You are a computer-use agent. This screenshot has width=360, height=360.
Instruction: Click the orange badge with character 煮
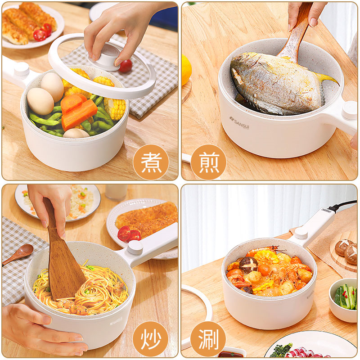pyautogui.click(x=151, y=162)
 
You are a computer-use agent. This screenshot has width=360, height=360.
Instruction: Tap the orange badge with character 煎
pyautogui.click(x=208, y=162)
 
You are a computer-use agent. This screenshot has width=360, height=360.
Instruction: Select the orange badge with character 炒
pyautogui.click(x=151, y=339)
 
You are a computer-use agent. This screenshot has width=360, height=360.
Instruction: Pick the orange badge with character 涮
pyautogui.click(x=208, y=339)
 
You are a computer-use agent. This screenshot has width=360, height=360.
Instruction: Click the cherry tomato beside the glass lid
pyautogui.click(x=126, y=66)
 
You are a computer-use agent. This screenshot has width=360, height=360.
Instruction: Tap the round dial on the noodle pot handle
pyautogui.click(x=135, y=247)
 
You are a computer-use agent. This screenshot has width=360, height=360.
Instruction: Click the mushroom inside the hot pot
pyautogui.click(x=248, y=265)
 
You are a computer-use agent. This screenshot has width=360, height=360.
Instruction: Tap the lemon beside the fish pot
pyautogui.click(x=186, y=70)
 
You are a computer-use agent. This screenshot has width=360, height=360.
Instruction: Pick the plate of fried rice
pyautogui.click(x=58, y=202)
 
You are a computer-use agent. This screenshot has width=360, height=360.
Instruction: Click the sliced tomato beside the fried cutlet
pyautogui.click(x=129, y=234)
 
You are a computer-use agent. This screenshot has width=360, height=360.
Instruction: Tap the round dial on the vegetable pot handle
pyautogui.click(x=21, y=69)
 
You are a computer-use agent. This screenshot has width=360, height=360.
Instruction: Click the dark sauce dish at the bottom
pyautogui.click(x=232, y=354)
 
